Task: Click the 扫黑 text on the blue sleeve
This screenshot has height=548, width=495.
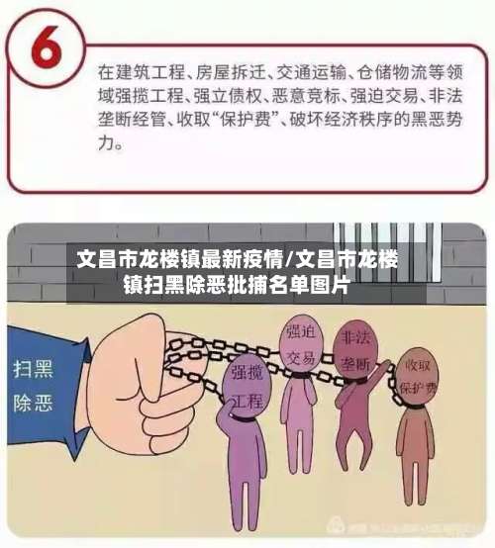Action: pyautogui.click(x=31, y=371)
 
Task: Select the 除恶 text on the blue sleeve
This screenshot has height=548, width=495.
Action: pyautogui.click(x=31, y=407)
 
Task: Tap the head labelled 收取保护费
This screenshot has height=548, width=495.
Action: pyautogui.click(x=417, y=381)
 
